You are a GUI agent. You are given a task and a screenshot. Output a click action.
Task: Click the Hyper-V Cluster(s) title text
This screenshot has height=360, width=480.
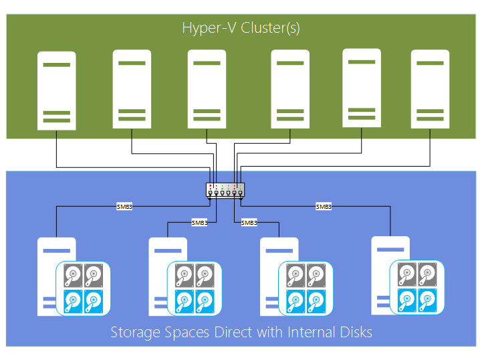[x=240, y=28]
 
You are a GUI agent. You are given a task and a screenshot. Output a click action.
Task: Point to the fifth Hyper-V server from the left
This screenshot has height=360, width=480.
[x=361, y=88]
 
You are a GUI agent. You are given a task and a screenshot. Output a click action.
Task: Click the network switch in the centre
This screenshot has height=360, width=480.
[x=226, y=189]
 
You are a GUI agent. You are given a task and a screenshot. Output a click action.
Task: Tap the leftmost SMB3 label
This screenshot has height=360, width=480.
[x=124, y=207]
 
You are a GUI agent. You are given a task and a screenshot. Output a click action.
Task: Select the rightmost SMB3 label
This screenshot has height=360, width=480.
[x=324, y=207]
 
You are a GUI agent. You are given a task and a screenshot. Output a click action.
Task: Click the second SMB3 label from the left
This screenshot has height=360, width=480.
[x=199, y=222]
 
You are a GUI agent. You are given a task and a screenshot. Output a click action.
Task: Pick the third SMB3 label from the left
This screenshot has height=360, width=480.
[x=249, y=222]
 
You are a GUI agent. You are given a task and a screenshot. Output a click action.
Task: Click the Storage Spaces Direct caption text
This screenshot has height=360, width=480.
[x=241, y=333]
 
